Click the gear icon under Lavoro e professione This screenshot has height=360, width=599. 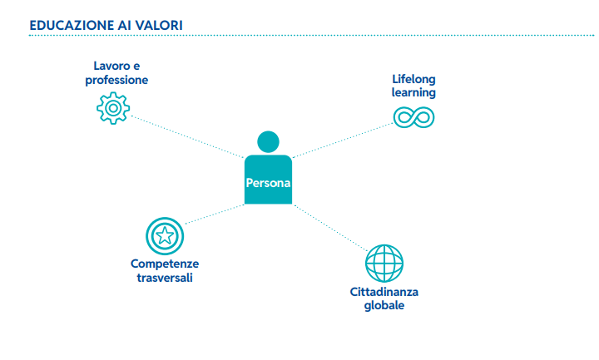point(113,108)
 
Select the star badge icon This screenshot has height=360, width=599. point(165,236)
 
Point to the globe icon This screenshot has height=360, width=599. point(384,264)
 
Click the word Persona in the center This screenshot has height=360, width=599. point(268,183)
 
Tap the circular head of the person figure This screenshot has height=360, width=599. point(268,141)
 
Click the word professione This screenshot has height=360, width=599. point(116,80)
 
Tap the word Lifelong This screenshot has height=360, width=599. point(413,79)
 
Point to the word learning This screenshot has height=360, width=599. point(413,93)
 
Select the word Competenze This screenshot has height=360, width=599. point(165,264)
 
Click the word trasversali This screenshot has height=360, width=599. point(165,278)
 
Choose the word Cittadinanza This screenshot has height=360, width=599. point(384,292)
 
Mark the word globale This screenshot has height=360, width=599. point(384,305)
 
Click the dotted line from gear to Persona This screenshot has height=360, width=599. point(187,136)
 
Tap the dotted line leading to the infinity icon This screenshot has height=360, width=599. point(343,141)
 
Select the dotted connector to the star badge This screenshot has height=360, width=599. point(215,215)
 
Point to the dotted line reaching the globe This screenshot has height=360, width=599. point(331,228)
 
